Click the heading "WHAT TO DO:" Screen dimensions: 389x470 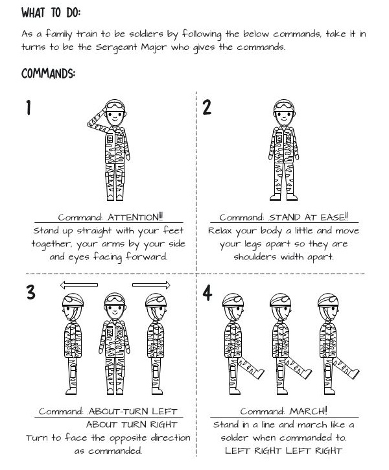(x=51, y=12)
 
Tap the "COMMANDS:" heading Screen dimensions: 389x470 (x=48, y=73)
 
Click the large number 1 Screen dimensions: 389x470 (x=29, y=108)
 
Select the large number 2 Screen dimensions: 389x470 (x=207, y=108)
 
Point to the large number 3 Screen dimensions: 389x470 (x=31, y=292)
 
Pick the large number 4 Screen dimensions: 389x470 (x=207, y=293)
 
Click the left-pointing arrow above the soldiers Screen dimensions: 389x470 (x=79, y=285)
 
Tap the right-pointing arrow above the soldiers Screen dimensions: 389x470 (x=151, y=285)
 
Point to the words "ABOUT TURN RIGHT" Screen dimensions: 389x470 (x=132, y=425)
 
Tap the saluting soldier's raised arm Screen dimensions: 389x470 (x=97, y=121)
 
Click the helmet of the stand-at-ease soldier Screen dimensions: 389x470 (x=284, y=106)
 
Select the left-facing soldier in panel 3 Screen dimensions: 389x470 (x=73, y=344)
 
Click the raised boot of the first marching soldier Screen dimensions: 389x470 (x=258, y=374)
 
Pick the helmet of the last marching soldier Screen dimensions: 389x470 (x=328, y=300)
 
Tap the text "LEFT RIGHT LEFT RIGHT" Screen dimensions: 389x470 (x=283, y=451)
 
